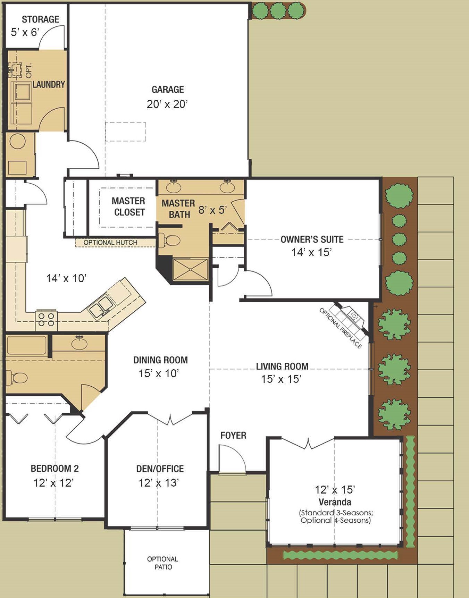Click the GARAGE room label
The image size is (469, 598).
[168, 90]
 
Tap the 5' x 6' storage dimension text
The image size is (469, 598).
[25, 33]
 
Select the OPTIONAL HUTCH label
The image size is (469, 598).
[110, 243]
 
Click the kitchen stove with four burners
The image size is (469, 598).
[46, 320]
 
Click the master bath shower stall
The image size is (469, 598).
[191, 269]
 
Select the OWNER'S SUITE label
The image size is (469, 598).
[312, 239]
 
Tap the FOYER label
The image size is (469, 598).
[233, 436]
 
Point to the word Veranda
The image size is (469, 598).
[335, 502]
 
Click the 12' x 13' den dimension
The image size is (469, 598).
[159, 483]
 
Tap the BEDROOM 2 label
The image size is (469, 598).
[55, 469]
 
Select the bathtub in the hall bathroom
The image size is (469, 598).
[27, 345]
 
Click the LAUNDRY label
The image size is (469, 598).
[49, 84]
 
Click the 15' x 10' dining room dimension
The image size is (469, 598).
[159, 373]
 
